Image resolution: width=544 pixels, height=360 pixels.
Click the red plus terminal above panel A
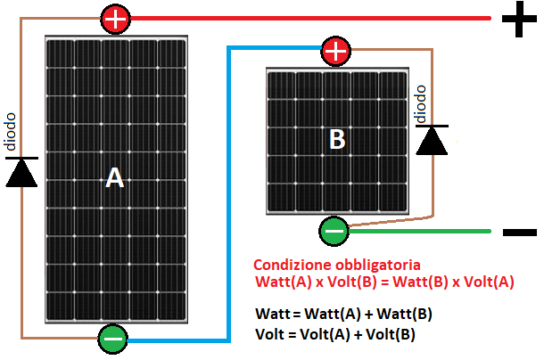114,18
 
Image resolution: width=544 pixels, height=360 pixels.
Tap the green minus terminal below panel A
113,339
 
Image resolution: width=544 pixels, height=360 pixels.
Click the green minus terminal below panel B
334,232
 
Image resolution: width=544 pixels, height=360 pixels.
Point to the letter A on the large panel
114,179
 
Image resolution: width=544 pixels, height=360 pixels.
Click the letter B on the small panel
337,140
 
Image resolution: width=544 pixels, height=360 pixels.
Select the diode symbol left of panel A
21,171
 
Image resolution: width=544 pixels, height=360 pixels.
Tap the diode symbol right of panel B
433,140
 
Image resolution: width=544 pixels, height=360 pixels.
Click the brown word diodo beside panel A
10,131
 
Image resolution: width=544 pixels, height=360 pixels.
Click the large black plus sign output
518,20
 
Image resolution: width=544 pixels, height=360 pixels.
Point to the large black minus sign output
519,233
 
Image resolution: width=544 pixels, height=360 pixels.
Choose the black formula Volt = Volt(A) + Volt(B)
334,334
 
